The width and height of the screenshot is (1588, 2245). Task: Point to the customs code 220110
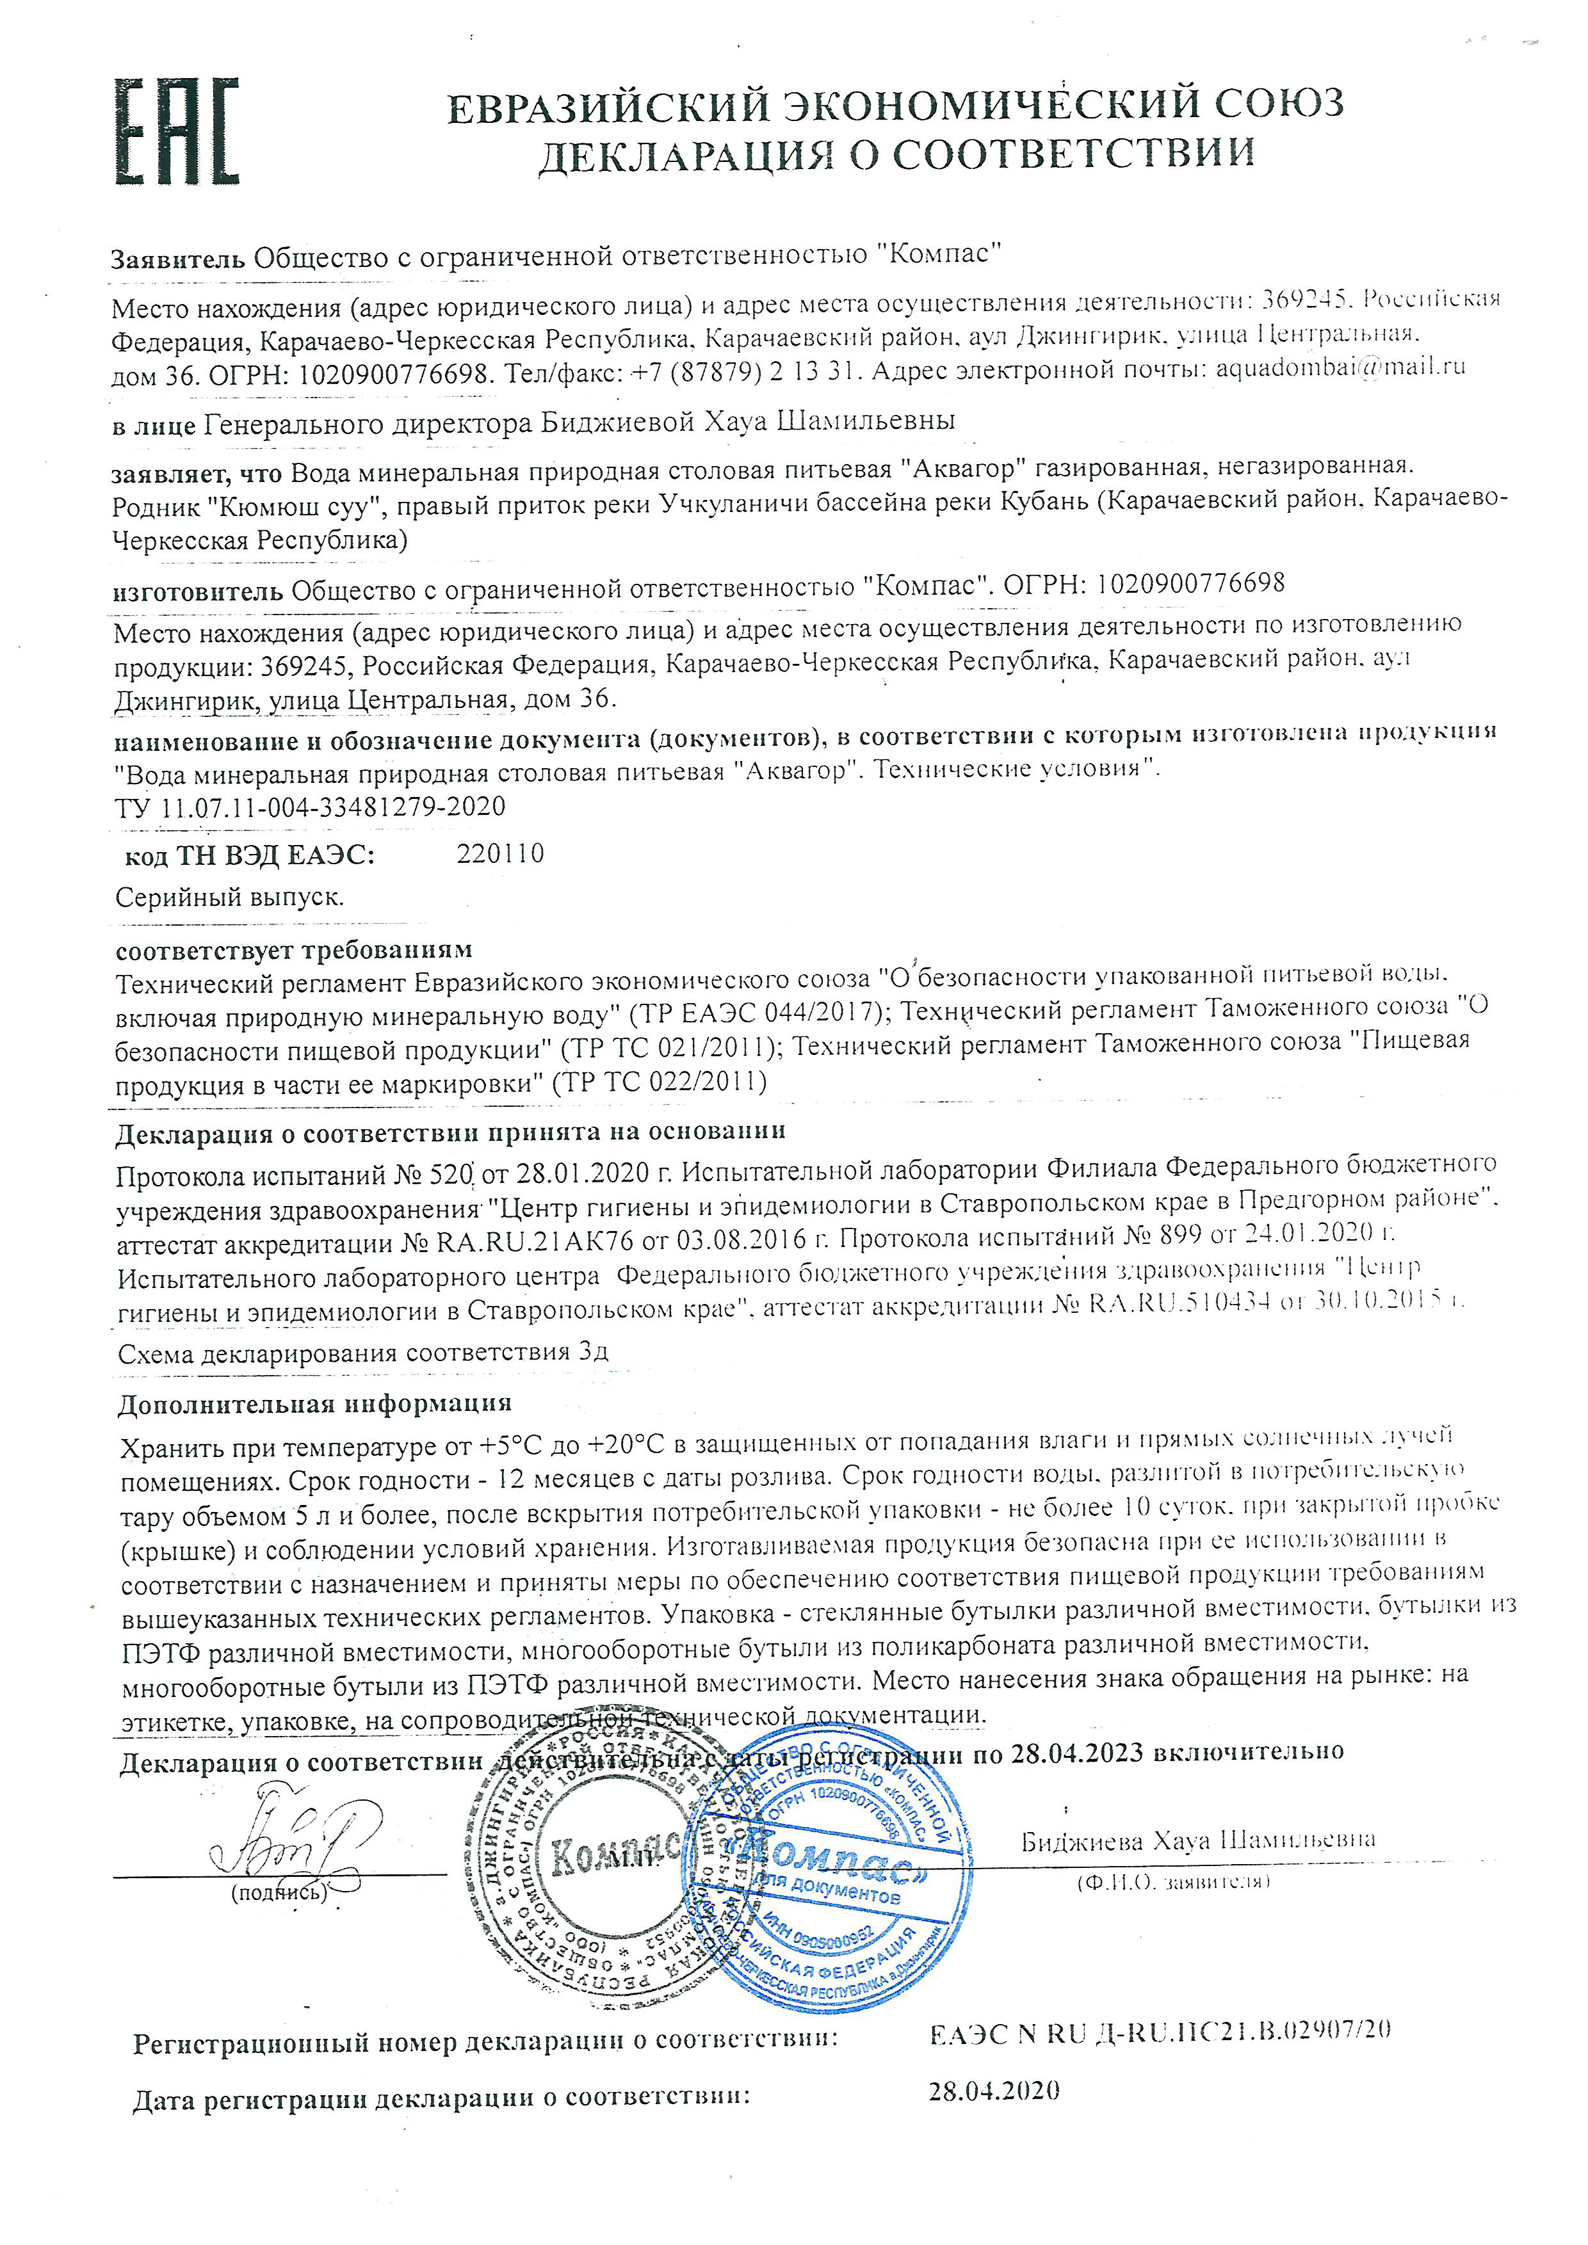point(499,853)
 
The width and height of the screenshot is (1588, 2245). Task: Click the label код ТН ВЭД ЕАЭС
point(249,856)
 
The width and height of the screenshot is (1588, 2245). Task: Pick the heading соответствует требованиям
point(293,949)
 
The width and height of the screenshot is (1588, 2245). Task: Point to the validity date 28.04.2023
point(1076,1752)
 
